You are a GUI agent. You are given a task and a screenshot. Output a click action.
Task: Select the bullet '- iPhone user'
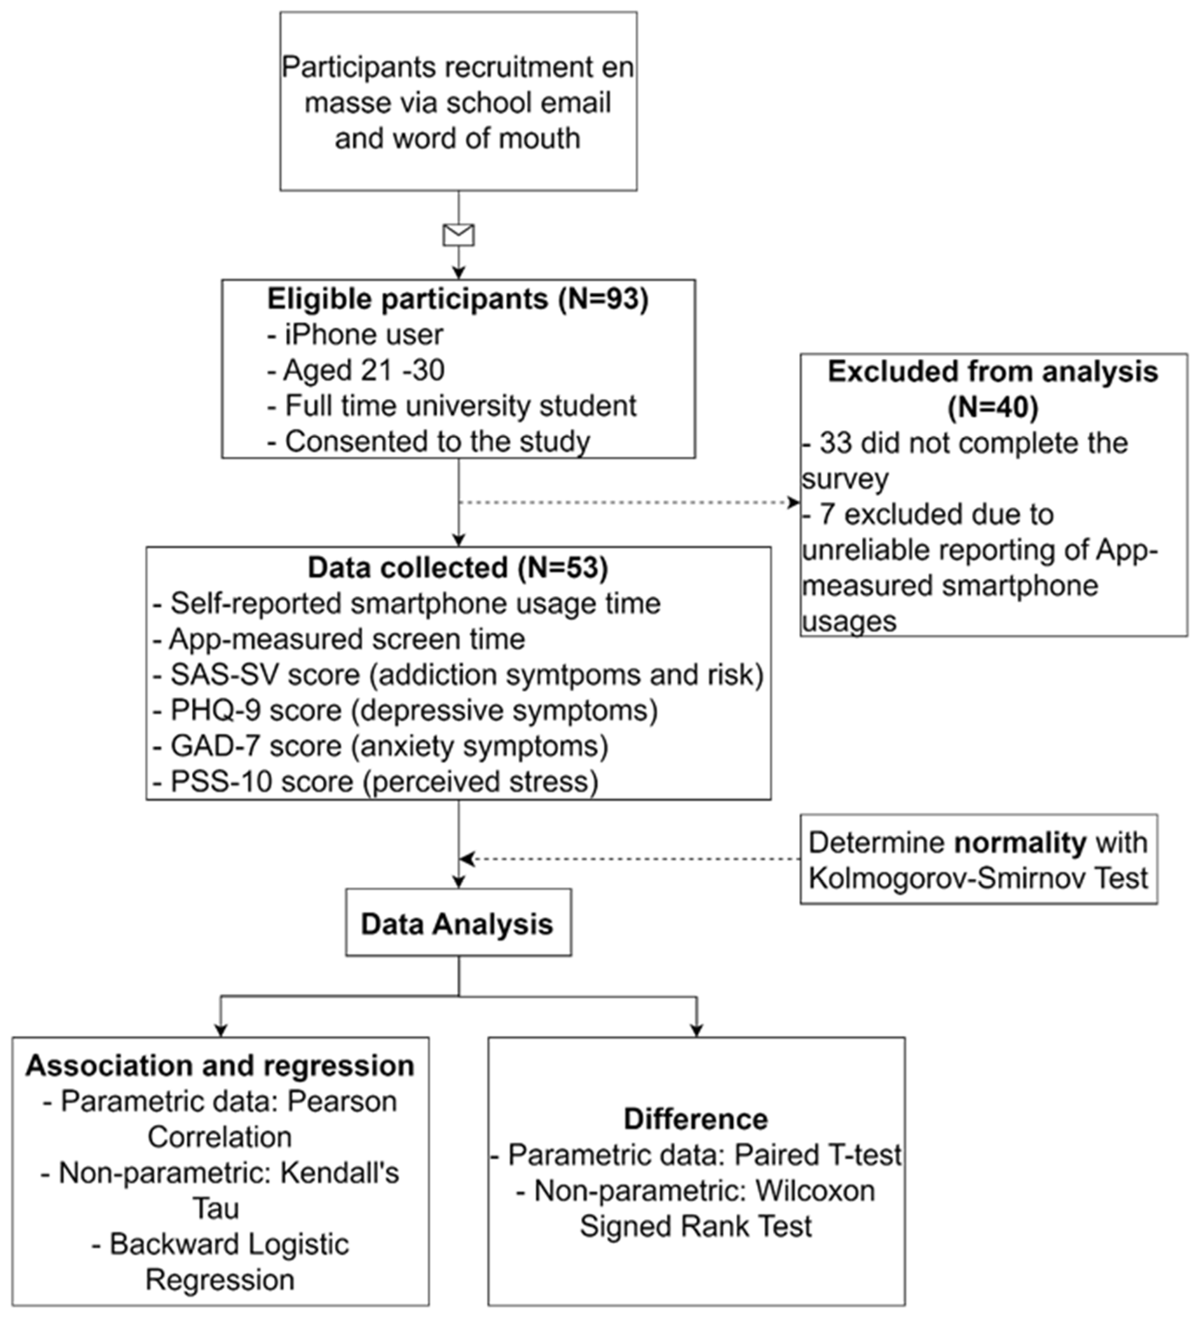point(356,335)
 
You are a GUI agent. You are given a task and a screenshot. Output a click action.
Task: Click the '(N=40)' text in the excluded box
point(993,408)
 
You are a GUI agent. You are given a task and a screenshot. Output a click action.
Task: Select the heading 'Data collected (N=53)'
point(458,567)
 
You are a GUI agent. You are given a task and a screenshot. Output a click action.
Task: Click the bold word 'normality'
point(1019,843)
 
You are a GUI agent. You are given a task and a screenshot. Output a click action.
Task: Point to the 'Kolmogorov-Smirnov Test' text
point(977,878)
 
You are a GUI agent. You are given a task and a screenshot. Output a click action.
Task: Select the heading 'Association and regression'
point(220,1065)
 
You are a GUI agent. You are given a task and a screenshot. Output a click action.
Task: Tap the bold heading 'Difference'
point(695,1119)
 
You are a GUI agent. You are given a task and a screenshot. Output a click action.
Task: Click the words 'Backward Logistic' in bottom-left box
point(220,1244)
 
